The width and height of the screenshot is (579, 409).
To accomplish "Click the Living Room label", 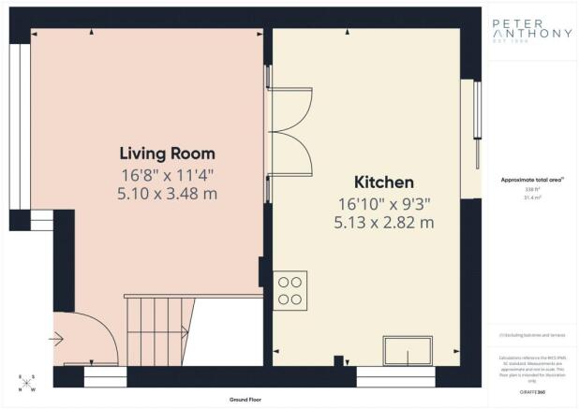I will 167,153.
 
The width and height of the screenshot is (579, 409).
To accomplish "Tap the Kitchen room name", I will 384,182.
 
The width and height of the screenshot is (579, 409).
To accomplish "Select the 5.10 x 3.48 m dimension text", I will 167,194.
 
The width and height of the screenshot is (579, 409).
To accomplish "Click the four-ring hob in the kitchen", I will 289,290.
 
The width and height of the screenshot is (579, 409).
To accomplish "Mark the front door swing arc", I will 89,337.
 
